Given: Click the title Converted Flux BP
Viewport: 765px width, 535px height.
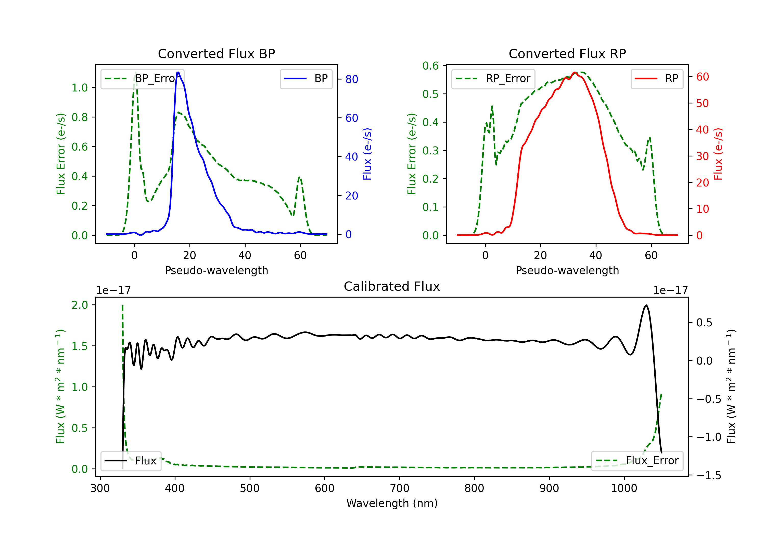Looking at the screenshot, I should click(x=216, y=53).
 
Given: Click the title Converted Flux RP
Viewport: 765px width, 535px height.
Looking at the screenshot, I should click(x=567, y=53).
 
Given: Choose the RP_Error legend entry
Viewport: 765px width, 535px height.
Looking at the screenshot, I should click(x=493, y=78).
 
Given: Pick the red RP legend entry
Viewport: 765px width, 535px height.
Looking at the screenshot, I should click(x=657, y=78).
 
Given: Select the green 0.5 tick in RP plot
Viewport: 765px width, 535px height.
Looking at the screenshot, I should click(x=430, y=94).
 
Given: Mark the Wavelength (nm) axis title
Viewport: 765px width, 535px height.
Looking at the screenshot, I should click(x=392, y=503).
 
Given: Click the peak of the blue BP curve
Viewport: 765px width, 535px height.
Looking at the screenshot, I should click(x=178, y=72).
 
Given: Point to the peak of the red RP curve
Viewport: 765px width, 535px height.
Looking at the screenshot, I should click(x=575, y=73).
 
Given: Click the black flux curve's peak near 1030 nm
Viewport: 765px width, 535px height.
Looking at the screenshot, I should click(x=646, y=305).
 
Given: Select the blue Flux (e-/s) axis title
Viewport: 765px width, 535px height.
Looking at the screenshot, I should click(x=367, y=154).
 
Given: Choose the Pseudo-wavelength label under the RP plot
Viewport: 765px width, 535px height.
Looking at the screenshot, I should click(x=567, y=270).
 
